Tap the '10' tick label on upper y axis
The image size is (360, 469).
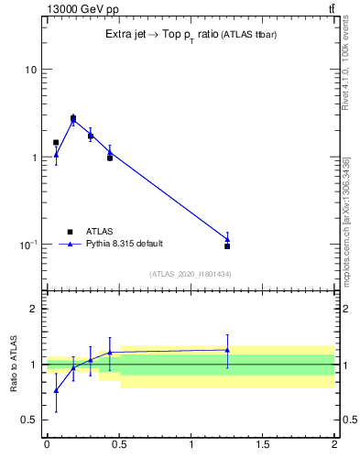(30, 71)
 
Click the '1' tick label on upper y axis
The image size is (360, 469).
(34, 158)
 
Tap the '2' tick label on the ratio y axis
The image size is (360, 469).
(34, 310)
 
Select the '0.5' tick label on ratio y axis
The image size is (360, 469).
(28, 420)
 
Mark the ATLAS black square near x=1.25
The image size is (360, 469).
(227, 246)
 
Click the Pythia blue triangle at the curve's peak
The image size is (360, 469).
(73, 119)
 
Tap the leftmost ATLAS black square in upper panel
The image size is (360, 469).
(56, 143)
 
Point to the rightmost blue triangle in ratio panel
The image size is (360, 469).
(227, 350)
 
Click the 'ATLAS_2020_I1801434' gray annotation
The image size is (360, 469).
(190, 274)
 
